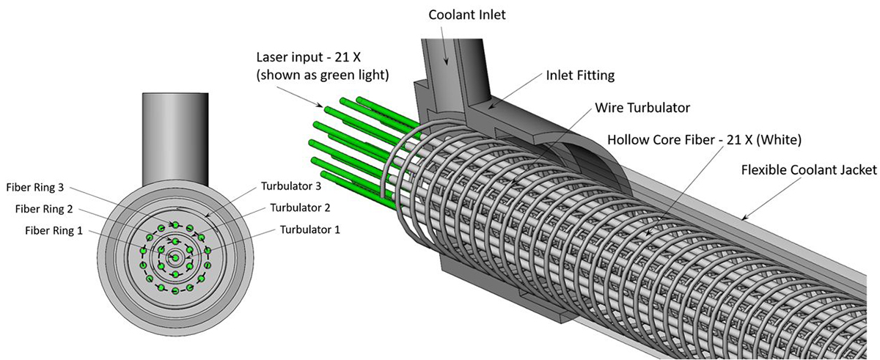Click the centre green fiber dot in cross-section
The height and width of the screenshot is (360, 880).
pyautogui.click(x=175, y=257)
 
